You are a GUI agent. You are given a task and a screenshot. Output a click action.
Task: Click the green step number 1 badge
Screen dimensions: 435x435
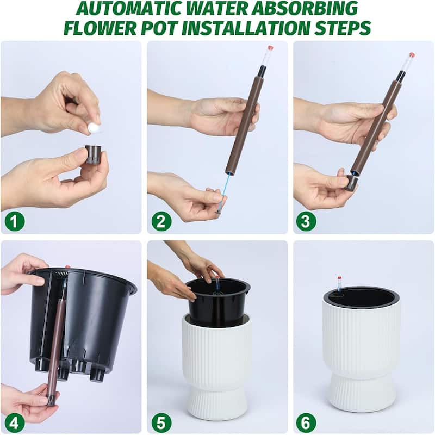(x=15, y=221)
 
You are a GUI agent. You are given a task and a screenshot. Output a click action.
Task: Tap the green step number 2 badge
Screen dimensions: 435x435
(x=161, y=221)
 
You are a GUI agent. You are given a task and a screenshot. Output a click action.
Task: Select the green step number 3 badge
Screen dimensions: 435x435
(x=306, y=221)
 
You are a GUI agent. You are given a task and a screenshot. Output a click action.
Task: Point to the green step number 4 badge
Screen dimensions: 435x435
(x=15, y=422)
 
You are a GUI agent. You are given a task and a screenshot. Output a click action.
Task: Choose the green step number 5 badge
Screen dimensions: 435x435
(x=161, y=422)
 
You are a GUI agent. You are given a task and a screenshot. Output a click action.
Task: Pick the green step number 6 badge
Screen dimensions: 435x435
(x=306, y=422)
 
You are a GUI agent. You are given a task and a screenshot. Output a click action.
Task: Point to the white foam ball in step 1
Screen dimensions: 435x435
(x=93, y=128)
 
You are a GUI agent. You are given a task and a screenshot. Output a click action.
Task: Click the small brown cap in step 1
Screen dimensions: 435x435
(x=94, y=154)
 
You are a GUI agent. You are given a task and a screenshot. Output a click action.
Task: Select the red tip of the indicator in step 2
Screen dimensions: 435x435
(x=270, y=48)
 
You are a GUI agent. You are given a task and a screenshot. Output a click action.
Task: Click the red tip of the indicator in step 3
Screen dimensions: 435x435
(x=412, y=55)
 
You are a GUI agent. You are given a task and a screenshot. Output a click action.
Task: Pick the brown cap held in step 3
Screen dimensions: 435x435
(x=351, y=183)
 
